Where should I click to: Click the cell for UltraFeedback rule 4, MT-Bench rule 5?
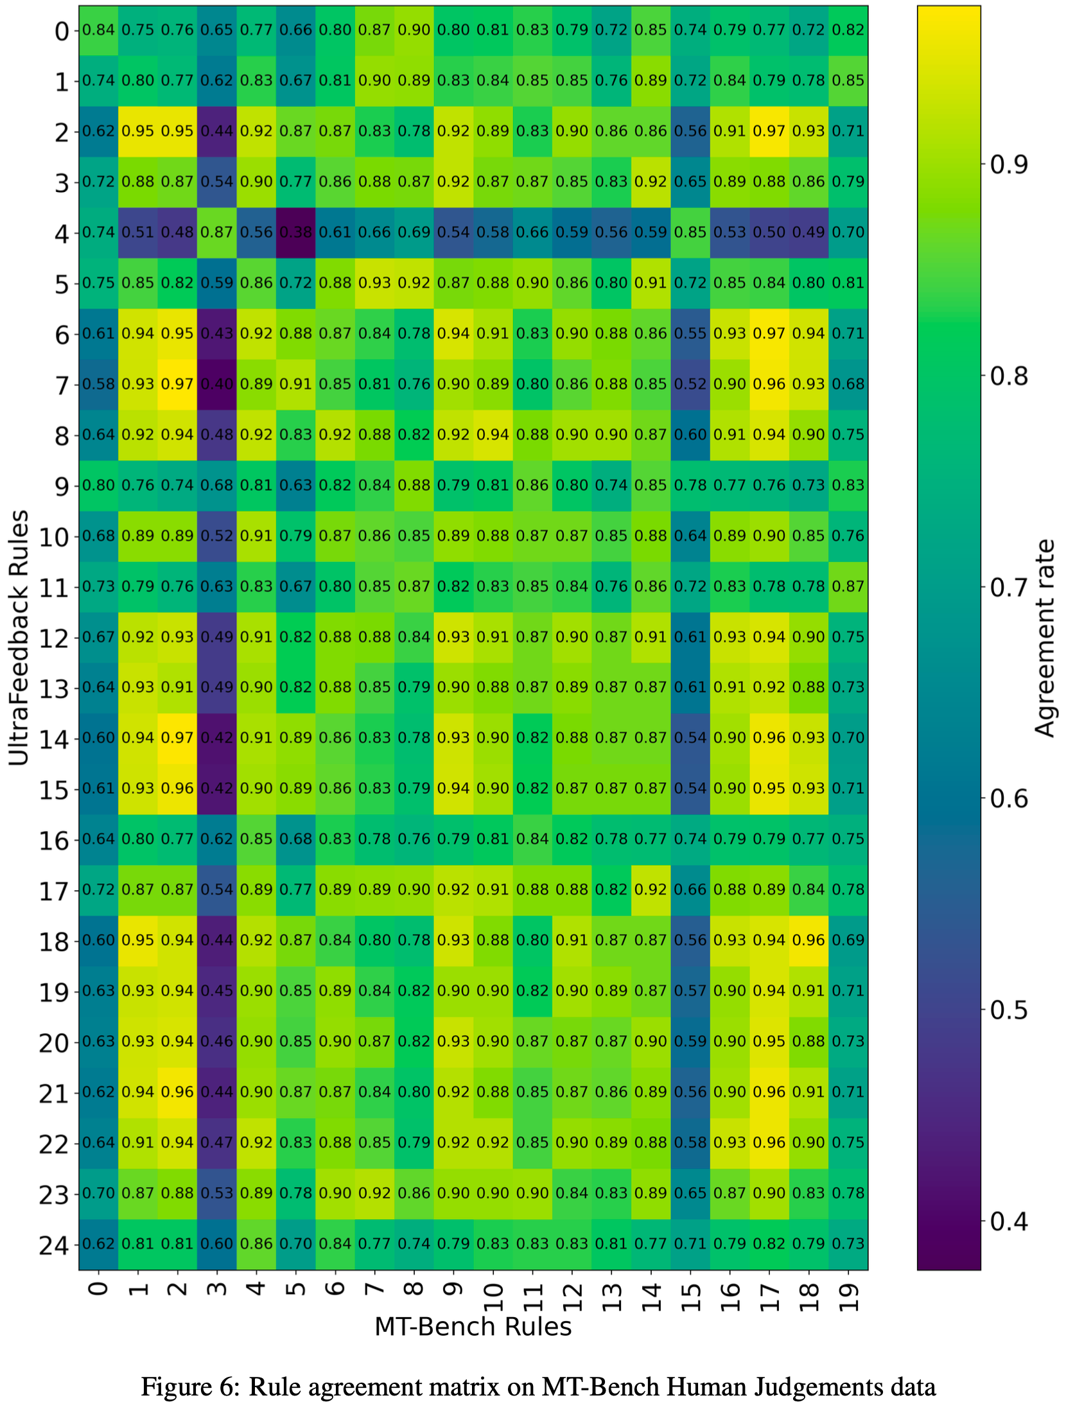pos(295,232)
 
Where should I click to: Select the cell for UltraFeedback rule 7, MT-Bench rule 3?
pos(216,384)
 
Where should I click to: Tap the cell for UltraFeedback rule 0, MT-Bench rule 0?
pos(98,30)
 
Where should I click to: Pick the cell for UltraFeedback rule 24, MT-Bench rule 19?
pos(848,1243)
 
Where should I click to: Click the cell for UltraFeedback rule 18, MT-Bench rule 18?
pos(808,940)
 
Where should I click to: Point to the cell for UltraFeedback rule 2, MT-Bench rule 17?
pos(769,131)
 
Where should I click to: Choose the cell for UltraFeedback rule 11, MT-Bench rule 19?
pos(848,586)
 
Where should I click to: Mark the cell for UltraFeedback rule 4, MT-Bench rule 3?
pos(216,232)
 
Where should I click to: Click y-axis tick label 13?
pos(54,688)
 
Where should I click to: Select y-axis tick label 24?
pos(54,1245)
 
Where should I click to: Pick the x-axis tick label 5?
pos(296,1288)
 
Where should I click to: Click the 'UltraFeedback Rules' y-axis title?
pos(19,638)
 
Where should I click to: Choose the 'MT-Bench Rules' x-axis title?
pos(473,1327)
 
